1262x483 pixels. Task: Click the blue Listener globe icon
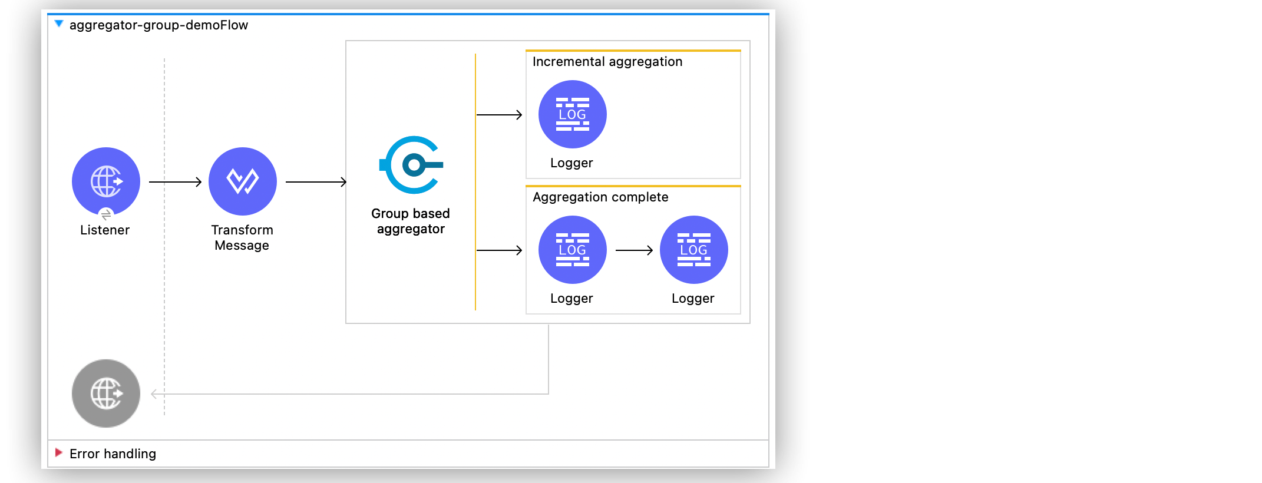106,181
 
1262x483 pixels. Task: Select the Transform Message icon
242,181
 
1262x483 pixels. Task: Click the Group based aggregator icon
412,165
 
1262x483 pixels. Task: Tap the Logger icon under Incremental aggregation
572,114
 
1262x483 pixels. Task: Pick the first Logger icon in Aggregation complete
572,250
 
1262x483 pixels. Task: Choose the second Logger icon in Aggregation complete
693,250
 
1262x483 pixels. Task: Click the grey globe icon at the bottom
106,393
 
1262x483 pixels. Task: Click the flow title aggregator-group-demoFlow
158,25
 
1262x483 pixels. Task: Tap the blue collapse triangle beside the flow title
59,24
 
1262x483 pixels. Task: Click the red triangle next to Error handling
58,452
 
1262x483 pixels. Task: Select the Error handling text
113,454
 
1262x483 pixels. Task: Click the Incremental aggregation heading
607,62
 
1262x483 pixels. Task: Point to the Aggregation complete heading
600,197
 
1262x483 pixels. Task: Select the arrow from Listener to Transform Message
175,182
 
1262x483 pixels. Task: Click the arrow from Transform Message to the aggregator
316,182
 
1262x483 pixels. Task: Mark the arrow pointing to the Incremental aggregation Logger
499,115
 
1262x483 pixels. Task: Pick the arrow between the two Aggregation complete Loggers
634,250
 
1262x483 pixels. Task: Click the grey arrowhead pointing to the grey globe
154,394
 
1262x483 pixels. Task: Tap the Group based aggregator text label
411,221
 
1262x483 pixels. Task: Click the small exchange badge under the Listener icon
106,215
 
